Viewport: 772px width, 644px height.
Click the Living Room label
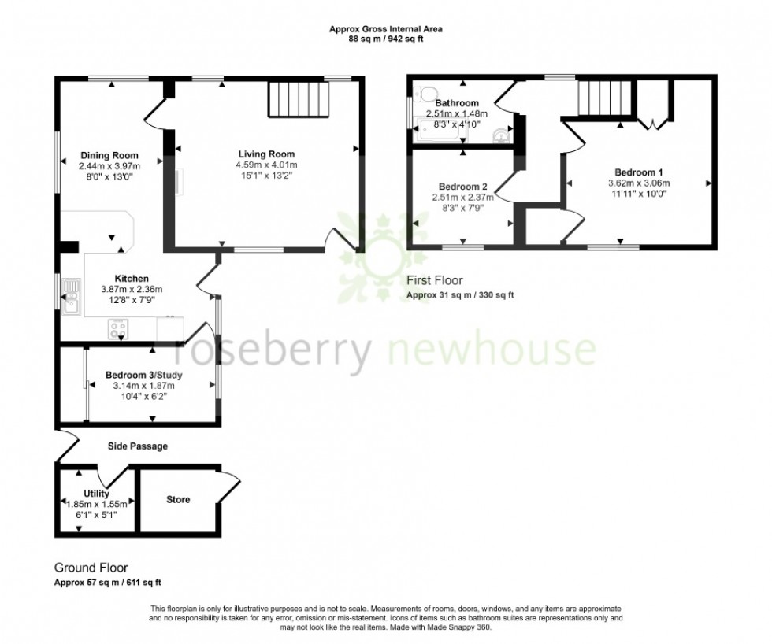267,154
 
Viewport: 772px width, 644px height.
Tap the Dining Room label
109,155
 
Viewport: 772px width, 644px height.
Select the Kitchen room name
132,279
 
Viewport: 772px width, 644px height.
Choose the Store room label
178,500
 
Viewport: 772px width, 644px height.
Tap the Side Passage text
137,446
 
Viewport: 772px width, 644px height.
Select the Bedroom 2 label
462,187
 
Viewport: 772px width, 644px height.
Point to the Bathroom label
457,103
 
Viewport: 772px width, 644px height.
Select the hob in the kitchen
120,328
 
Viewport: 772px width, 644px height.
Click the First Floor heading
435,280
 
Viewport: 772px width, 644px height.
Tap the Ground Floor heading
91,567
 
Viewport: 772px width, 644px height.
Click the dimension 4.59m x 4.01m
267,165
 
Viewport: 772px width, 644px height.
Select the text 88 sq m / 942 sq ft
385,38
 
